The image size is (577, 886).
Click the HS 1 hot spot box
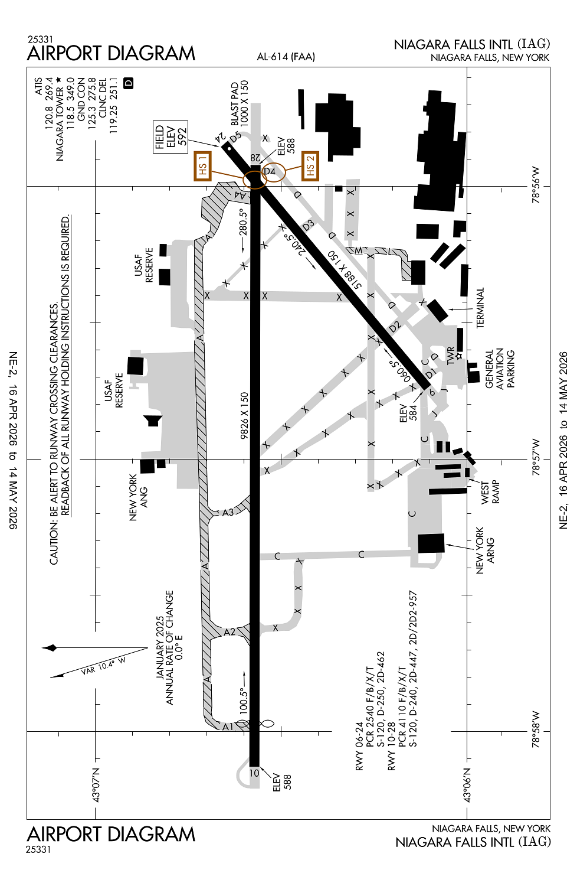coord(202,166)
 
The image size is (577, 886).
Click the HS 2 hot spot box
coord(310,166)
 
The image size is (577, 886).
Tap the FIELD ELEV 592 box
coord(171,137)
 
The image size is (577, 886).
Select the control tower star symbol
coord(459,356)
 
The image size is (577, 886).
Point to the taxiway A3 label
coord(228,512)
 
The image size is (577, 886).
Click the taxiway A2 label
coord(230,632)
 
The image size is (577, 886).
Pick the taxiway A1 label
coord(228,727)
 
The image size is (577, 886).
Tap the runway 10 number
coord(254,773)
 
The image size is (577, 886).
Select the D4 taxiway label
coord(270,171)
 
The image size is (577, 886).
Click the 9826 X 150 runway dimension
coord(244,415)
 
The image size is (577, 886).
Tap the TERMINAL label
coord(480,308)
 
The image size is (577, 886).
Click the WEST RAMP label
coord(490,493)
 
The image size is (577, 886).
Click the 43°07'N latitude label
coord(96,785)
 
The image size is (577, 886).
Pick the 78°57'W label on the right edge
coord(536,457)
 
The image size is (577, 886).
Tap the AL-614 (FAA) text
coord(286,57)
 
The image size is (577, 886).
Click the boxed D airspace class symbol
coord(129,83)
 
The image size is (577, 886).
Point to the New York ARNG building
coord(431,543)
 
